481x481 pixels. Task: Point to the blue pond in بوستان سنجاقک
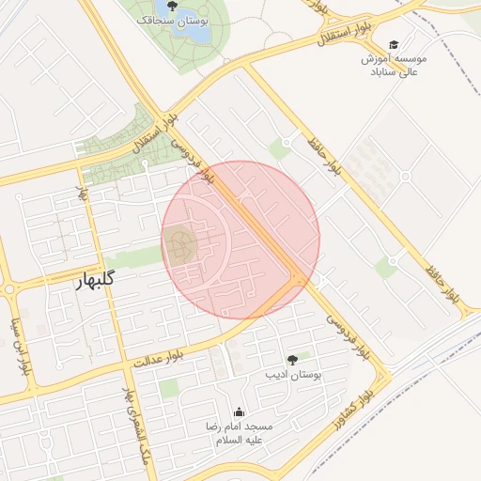(196, 31)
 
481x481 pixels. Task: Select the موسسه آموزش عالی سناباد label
(394, 64)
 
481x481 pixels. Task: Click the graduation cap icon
(394, 44)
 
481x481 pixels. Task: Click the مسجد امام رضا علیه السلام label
(240, 432)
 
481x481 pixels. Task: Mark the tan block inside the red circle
(181, 247)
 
